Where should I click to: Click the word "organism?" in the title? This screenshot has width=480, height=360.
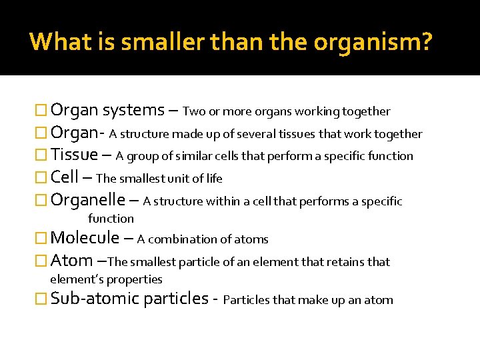373,43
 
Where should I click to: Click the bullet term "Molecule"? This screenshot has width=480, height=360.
85,237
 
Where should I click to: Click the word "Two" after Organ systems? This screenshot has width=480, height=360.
193,111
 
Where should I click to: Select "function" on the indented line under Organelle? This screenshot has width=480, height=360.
111,218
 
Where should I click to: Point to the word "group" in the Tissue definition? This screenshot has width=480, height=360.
142,157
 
